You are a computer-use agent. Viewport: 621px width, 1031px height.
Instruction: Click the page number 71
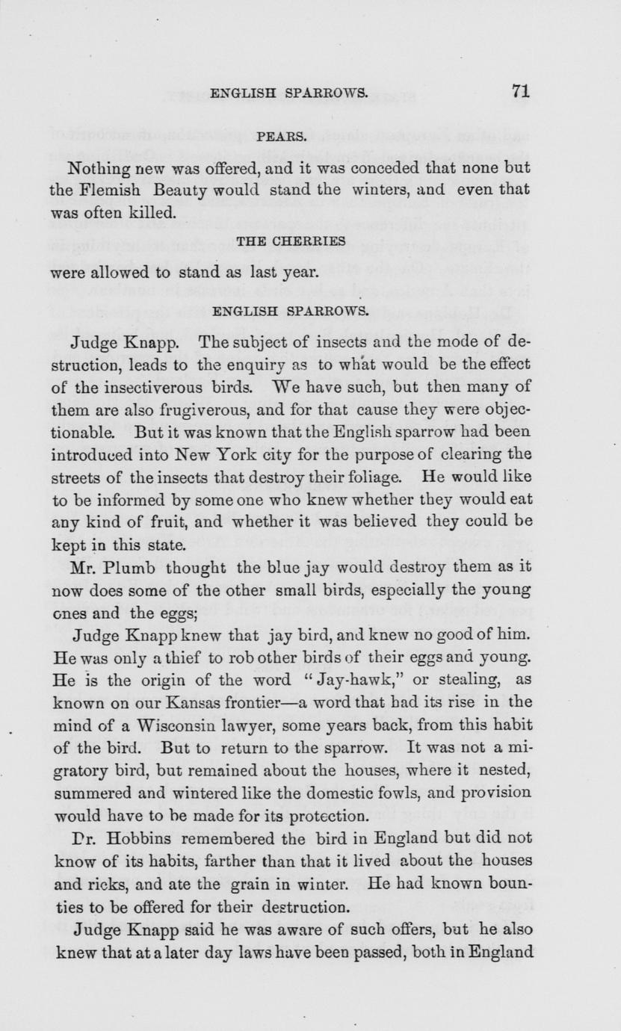[x=521, y=91]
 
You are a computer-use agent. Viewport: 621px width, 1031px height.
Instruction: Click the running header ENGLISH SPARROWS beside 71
[x=288, y=93]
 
